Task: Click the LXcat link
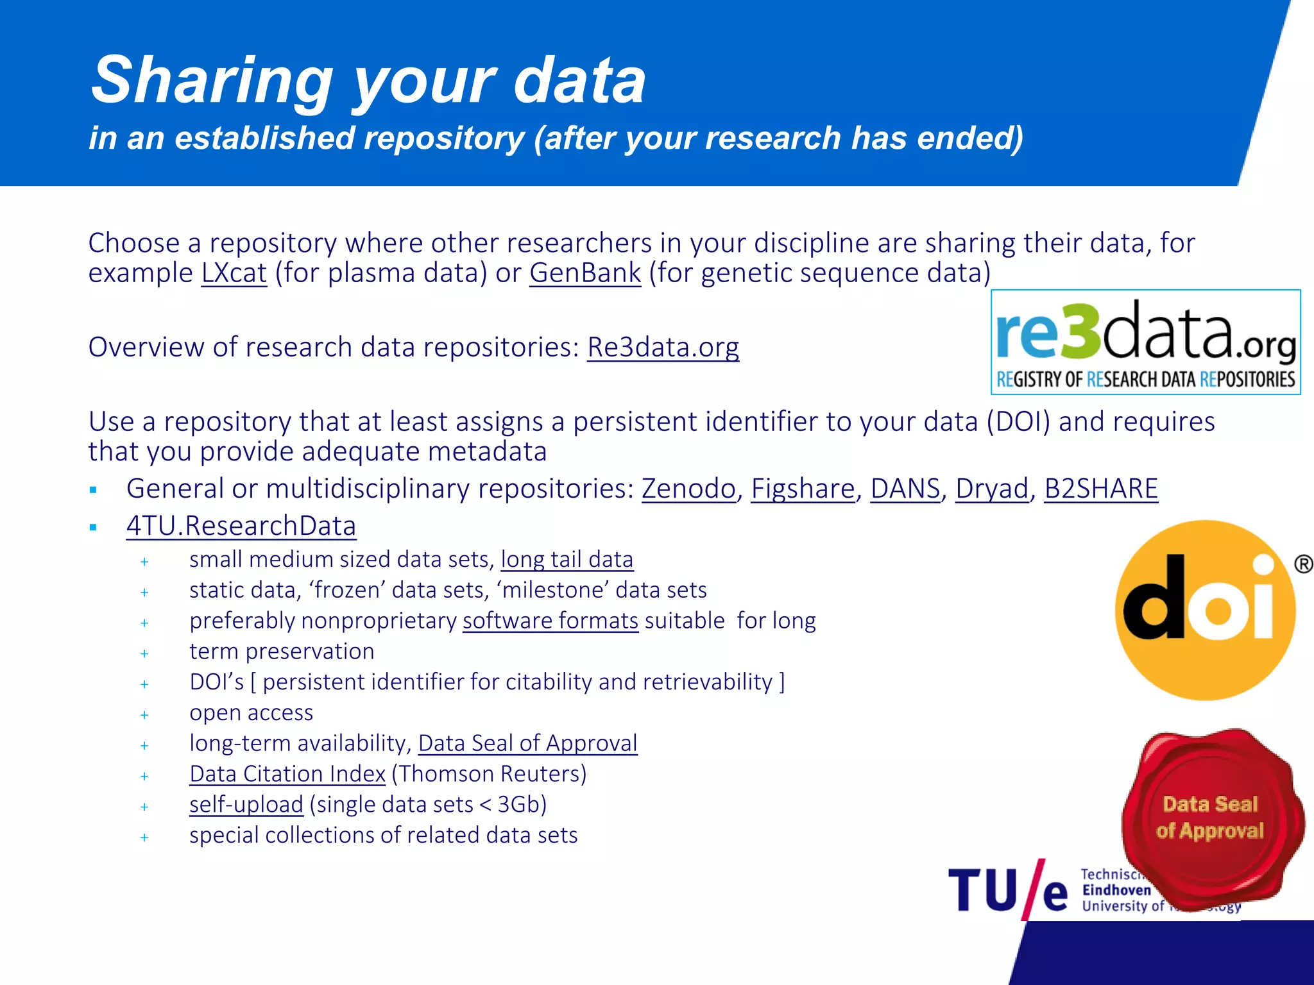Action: (234, 273)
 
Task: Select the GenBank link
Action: (584, 273)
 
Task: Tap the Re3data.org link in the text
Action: (663, 348)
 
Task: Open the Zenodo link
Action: (688, 489)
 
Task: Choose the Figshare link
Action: (803, 489)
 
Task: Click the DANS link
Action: (905, 489)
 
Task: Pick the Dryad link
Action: (992, 489)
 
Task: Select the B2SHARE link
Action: (1101, 489)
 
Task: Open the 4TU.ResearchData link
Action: (241, 526)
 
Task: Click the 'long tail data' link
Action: (567, 560)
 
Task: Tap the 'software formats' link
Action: (550, 621)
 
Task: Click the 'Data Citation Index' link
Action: (287, 774)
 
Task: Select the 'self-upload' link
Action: (246, 805)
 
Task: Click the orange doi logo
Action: (1205, 610)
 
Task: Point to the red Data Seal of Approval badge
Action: (1211, 817)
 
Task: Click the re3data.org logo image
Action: (1145, 342)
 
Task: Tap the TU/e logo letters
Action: (1007, 890)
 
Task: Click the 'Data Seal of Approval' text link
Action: (527, 743)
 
